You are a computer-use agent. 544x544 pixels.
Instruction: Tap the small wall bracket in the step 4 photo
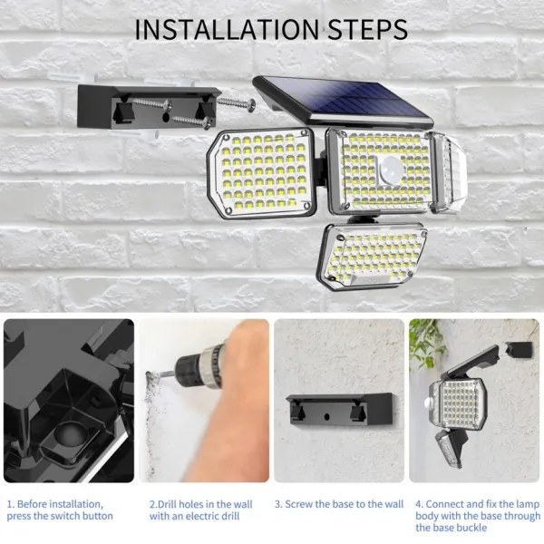(519, 349)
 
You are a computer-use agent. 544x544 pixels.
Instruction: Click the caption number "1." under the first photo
(11, 504)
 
